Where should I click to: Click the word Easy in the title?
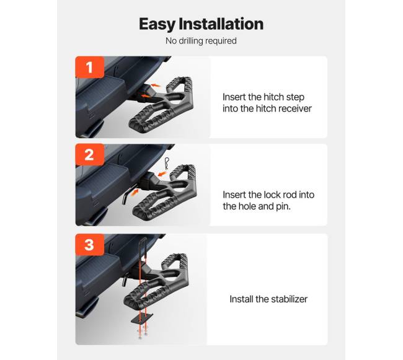pyautogui.click(x=157, y=24)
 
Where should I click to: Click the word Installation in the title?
pyautogui.click(x=221, y=24)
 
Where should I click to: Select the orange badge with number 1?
pyautogui.click(x=90, y=67)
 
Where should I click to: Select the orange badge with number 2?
pyautogui.click(x=90, y=154)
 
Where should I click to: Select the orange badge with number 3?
pyautogui.click(x=90, y=245)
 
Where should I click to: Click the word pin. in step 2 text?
pyautogui.click(x=283, y=206)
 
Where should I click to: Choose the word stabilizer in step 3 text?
pyautogui.click(x=289, y=299)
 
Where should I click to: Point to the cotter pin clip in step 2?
pyautogui.click(x=167, y=164)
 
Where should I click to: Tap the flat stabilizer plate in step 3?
pyautogui.click(x=142, y=318)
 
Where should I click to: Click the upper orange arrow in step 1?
pyautogui.click(x=156, y=85)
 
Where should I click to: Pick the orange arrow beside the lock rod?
pyautogui.click(x=135, y=192)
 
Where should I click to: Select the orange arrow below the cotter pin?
pyautogui.click(x=162, y=174)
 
